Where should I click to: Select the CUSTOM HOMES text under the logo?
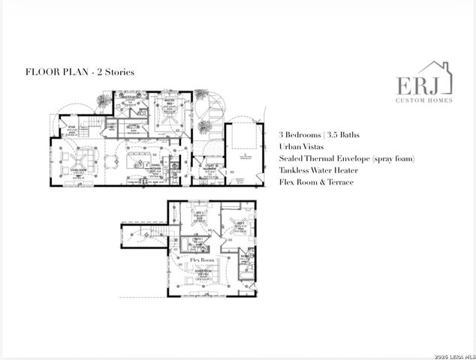pos(424,100)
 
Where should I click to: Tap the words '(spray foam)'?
pos(390,158)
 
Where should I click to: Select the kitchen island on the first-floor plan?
pos(144,160)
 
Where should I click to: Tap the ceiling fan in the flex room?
pos(201,271)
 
